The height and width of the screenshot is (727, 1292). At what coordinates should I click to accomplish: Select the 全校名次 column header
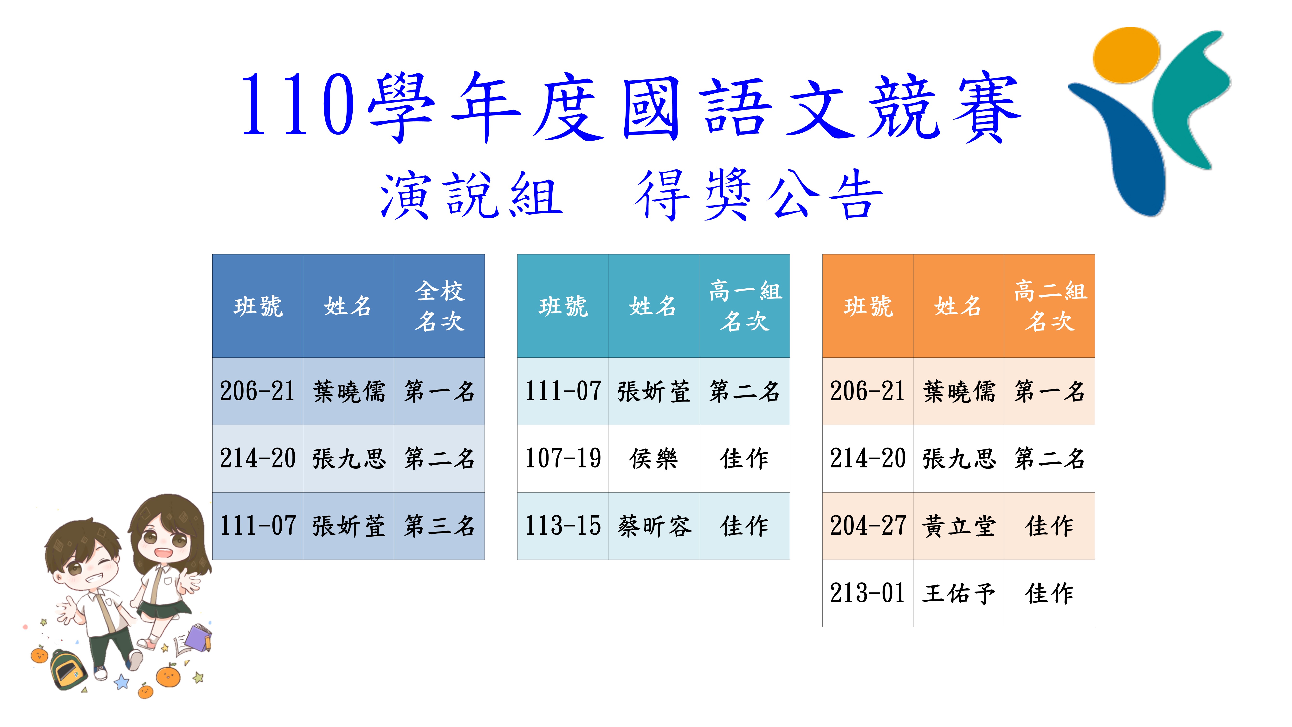point(439,306)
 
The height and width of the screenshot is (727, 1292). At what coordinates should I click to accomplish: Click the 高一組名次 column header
point(744,306)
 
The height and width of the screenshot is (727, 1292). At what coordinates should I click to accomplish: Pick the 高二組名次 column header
point(1049,306)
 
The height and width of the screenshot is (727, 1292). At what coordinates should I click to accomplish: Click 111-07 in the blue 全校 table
point(258,526)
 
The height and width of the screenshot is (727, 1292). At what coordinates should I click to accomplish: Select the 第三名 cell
point(439,526)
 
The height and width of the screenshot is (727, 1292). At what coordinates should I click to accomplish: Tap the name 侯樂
point(653,459)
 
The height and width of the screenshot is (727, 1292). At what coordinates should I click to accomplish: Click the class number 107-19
point(563,459)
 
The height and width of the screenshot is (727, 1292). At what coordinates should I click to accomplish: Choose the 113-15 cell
point(563,526)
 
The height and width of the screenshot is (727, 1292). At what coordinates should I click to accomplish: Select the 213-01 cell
point(868,593)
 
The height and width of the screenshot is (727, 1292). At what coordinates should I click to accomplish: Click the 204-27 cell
point(868,526)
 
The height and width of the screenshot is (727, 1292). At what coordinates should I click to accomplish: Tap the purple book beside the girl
point(200,637)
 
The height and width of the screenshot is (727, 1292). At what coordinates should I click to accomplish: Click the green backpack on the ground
point(68,670)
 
